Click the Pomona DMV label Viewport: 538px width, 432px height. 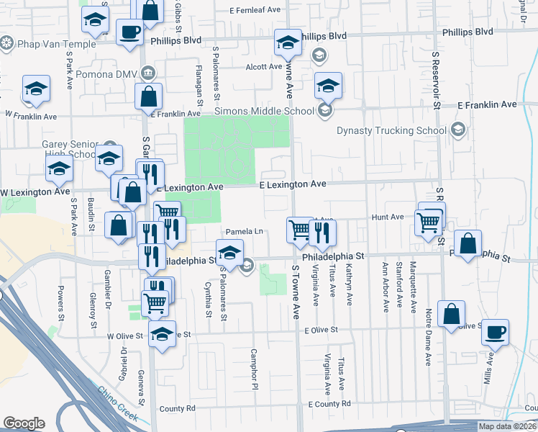[110, 74]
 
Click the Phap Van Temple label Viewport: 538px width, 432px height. [46, 44]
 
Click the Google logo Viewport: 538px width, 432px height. [24, 423]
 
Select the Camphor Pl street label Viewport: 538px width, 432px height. [254, 369]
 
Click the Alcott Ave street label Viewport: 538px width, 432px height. [263, 66]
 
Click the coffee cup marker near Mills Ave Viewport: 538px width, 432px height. [493, 332]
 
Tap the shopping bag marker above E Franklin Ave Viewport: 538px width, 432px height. [148, 96]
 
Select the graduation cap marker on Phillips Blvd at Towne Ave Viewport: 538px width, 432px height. [288, 42]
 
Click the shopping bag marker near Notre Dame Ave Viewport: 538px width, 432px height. [450, 314]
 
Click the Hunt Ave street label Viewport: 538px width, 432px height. [388, 217]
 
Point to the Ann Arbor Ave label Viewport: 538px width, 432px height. [386, 287]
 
